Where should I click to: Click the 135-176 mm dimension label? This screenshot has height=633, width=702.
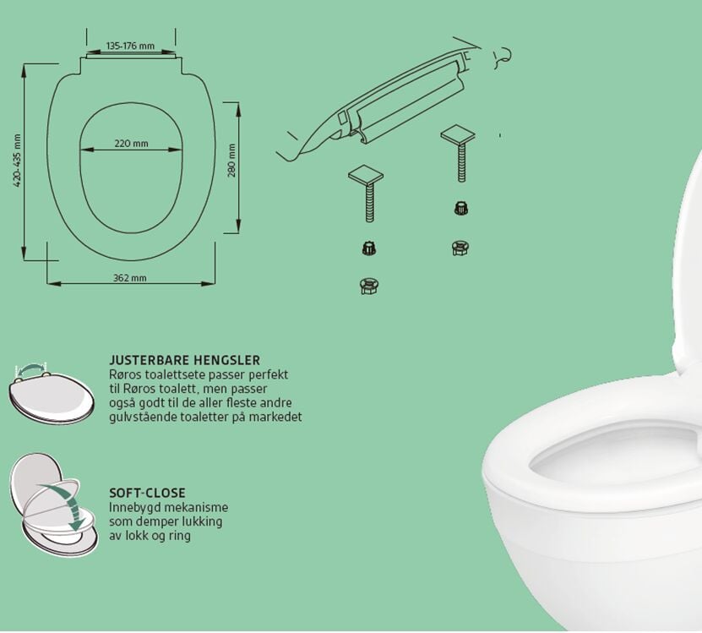pyautogui.click(x=130, y=46)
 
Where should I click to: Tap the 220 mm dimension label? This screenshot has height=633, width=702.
pyautogui.click(x=131, y=144)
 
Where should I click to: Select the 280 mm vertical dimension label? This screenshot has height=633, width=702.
pyautogui.click(x=231, y=161)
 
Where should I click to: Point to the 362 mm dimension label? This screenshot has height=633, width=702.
pyautogui.click(x=130, y=278)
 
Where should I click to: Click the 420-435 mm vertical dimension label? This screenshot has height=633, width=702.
pyautogui.click(x=18, y=161)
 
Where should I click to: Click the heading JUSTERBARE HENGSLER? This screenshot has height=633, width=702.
pyautogui.click(x=184, y=360)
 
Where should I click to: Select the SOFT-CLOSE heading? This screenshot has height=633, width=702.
pyautogui.click(x=147, y=493)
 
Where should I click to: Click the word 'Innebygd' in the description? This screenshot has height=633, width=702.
pyautogui.click(x=135, y=508)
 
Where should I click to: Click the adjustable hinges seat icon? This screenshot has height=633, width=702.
pyautogui.click(x=52, y=394)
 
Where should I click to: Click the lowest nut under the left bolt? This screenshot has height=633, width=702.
pyautogui.click(x=368, y=286)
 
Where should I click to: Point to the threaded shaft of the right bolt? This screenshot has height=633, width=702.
pyautogui.click(x=461, y=162)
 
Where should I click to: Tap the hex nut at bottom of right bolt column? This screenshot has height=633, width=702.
pyautogui.click(x=460, y=248)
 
